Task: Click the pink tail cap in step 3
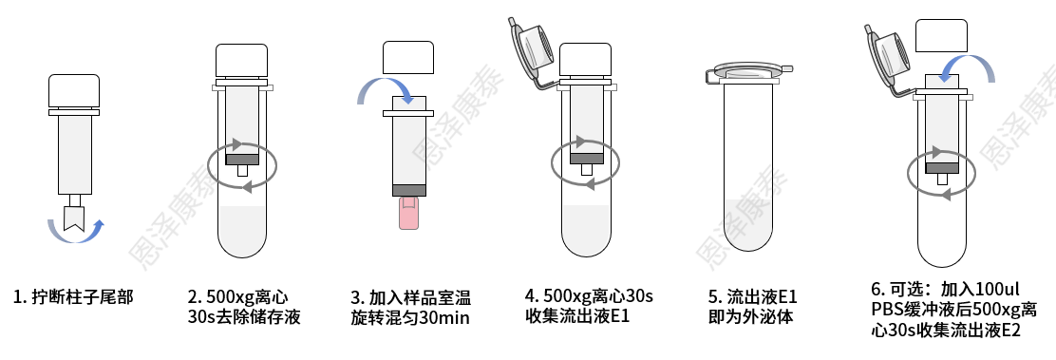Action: [x=408, y=213]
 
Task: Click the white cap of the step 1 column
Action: [x=74, y=91]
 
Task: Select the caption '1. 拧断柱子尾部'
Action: [x=73, y=296]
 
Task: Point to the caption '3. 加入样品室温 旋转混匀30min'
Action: [x=411, y=308]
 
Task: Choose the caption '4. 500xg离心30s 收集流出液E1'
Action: [x=590, y=306]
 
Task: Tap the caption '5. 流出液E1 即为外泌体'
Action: [x=752, y=307]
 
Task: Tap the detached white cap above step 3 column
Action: [x=408, y=57]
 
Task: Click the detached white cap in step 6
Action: [x=941, y=36]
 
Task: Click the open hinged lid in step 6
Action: [x=889, y=57]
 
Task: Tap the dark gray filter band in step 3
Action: [x=408, y=190]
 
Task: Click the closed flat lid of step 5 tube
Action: [x=747, y=71]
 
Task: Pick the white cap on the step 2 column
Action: [x=242, y=61]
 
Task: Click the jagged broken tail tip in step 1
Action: [x=74, y=218]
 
